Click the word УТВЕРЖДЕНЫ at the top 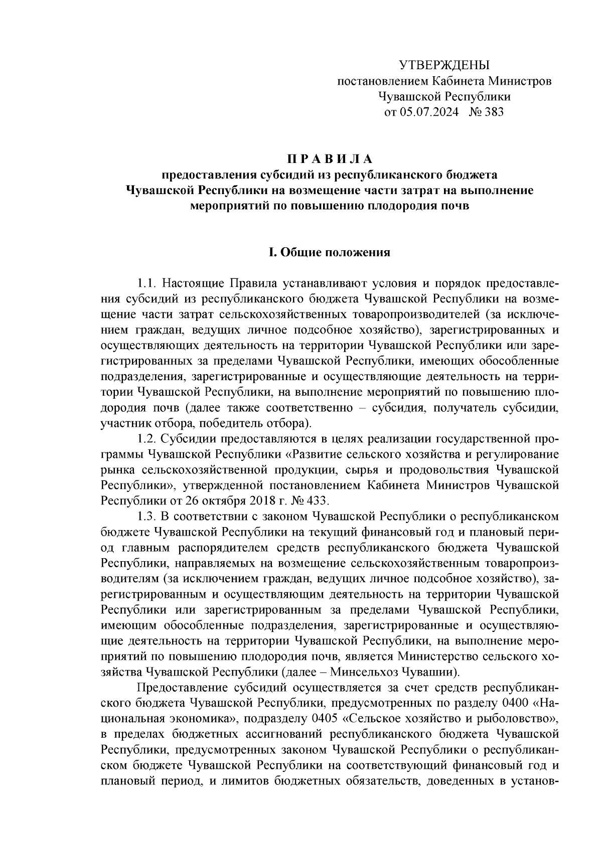coord(443,65)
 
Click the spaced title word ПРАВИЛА coord(330,159)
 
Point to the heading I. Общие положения coord(330,252)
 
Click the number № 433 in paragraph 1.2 coord(310,501)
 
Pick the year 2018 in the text coord(258,501)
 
